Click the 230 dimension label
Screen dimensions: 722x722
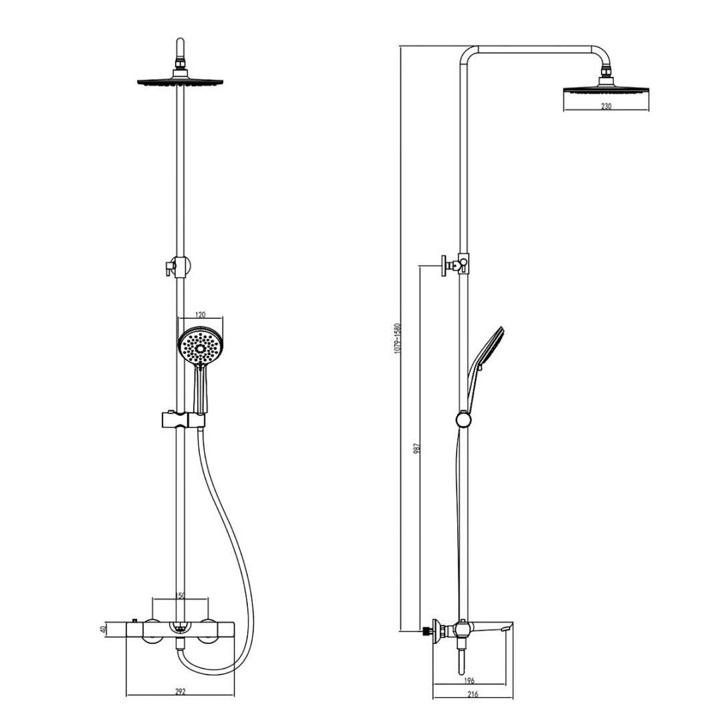[x=606, y=106]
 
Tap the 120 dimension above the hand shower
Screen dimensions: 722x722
[x=201, y=316]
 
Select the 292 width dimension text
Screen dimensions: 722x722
[x=180, y=691]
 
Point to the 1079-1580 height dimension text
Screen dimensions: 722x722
[x=398, y=338]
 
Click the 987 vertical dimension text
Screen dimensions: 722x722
[x=416, y=449]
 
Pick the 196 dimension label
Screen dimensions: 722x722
[x=469, y=681]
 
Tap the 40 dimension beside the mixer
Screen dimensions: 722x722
[x=104, y=628]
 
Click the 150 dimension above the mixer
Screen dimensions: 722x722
[x=180, y=596]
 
